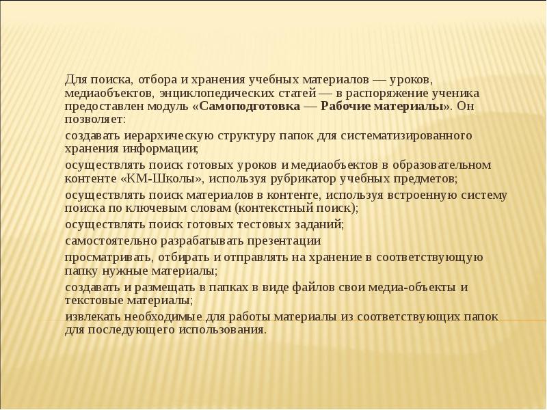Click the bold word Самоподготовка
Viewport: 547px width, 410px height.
pos(247,107)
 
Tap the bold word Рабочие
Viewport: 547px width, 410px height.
pos(343,107)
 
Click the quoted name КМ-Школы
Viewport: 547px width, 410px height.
pos(159,178)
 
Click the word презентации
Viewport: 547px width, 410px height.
pos(281,241)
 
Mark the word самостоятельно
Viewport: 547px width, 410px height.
pos(108,241)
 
